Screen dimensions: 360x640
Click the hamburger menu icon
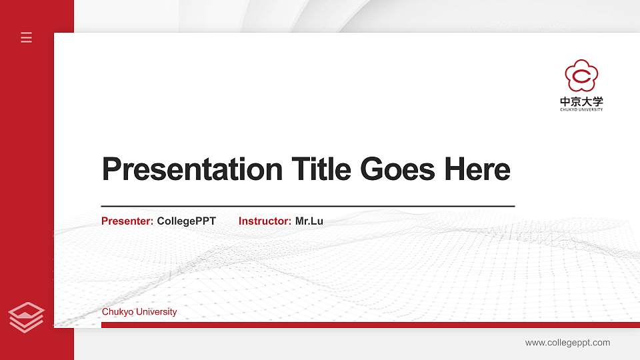[x=27, y=37]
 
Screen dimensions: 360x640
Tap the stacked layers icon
[x=27, y=317]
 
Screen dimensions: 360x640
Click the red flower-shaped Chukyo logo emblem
[x=581, y=76]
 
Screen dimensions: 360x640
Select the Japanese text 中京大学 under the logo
[x=581, y=102]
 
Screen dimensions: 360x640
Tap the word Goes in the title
[x=399, y=169]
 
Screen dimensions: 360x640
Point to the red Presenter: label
[x=127, y=221]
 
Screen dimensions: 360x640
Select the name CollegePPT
[x=187, y=221]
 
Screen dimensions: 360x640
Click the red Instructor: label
[x=265, y=221]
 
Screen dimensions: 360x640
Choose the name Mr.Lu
[x=309, y=221]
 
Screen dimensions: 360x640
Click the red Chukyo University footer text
[x=139, y=312]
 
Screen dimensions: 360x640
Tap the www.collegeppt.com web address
[x=567, y=343]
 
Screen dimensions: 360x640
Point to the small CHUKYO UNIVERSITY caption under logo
[x=581, y=109]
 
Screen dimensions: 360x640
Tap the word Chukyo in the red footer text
[x=117, y=312]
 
